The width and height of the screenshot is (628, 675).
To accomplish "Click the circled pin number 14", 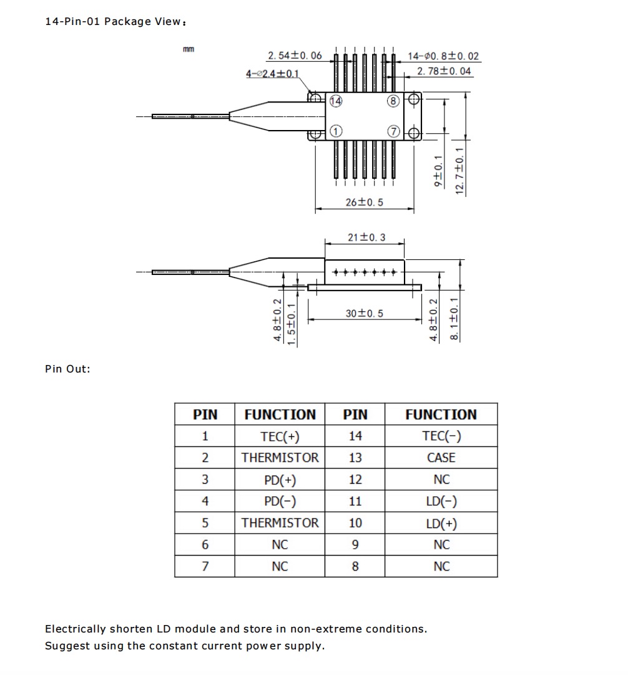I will click(336, 101).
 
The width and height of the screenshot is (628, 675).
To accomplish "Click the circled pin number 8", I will click(393, 101).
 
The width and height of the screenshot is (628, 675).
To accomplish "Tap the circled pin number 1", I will click(336, 131).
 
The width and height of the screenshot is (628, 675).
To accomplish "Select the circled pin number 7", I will click(393, 131).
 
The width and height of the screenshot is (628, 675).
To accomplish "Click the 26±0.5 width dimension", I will click(365, 202).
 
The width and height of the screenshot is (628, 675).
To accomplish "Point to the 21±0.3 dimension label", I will click(366, 237).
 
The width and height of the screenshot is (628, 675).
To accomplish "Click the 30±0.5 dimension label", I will click(365, 313).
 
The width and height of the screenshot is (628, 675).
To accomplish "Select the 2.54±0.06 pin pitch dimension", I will click(295, 56).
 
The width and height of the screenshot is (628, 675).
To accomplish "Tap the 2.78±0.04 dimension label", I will click(444, 71).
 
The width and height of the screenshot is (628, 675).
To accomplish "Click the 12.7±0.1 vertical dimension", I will click(460, 171).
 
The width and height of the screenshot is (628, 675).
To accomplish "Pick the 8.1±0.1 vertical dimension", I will click(455, 319).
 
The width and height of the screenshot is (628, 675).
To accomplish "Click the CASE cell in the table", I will click(441, 457).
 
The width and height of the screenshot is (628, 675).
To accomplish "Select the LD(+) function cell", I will click(441, 523).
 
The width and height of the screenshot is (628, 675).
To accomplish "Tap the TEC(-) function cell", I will click(441, 436).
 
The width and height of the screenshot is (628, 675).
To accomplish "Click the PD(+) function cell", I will click(280, 479).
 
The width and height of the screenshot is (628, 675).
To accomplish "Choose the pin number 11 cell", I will click(355, 501).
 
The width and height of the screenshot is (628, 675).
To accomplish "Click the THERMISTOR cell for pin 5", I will click(280, 523).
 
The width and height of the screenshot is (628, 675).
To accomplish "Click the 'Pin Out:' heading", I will click(67, 369).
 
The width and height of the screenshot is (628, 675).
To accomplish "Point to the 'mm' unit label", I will click(188, 49).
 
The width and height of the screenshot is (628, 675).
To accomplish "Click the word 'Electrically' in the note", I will click(75, 629).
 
